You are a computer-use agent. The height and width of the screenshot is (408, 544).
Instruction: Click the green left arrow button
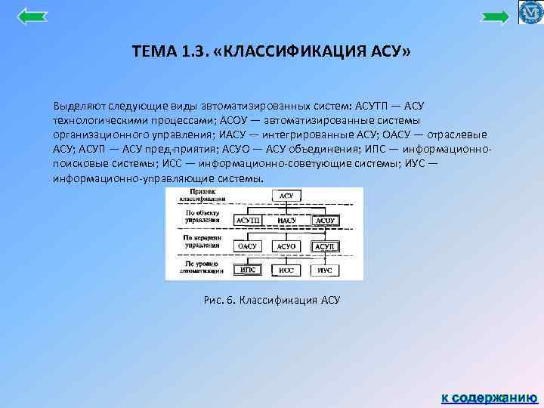coord(32,17)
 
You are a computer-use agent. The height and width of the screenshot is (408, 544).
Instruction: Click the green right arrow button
coord(496,17)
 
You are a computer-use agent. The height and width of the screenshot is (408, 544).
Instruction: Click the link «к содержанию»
coord(489,397)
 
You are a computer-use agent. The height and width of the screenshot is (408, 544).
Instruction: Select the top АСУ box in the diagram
coord(286,196)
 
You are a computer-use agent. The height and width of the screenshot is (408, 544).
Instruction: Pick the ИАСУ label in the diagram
coord(286,221)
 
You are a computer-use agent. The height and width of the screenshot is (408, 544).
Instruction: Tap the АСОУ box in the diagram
coord(326,221)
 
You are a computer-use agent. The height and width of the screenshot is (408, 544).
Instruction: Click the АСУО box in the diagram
coord(286,246)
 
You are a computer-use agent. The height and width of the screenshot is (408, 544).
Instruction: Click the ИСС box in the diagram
coord(286,270)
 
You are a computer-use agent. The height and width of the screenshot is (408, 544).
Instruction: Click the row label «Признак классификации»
coord(199,196)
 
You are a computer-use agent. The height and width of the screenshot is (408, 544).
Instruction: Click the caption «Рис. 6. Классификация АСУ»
coord(272,300)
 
